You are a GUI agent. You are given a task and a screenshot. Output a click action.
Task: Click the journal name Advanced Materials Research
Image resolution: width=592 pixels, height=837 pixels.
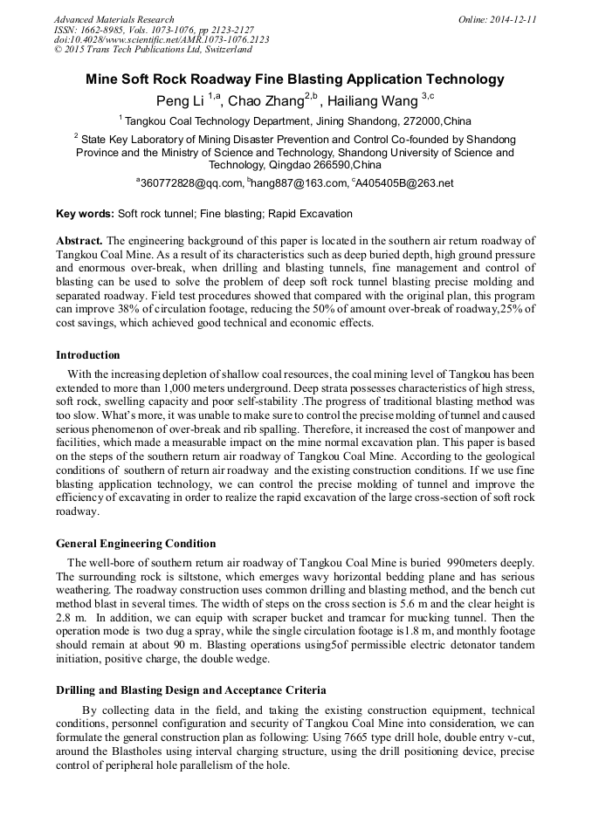114,19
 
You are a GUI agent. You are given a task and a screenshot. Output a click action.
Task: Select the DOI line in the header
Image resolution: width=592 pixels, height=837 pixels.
162,39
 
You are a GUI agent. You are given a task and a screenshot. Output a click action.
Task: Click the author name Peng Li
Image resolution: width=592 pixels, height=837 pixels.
179,100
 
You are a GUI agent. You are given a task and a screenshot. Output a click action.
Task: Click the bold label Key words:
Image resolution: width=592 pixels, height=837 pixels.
84,214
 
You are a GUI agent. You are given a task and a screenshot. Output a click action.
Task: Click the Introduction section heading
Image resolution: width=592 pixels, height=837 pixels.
88,355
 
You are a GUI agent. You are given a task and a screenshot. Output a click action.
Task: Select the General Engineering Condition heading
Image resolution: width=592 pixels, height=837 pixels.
135,544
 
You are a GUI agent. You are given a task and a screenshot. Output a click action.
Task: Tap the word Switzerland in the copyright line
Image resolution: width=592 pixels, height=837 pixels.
217,50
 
